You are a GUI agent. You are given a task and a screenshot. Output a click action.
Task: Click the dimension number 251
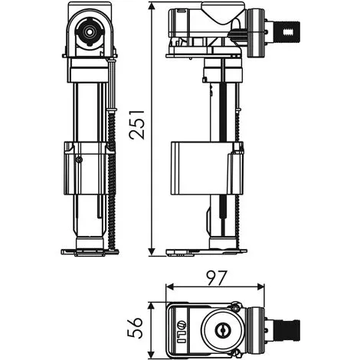point(137,125)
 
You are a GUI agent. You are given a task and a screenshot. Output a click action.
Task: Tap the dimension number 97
point(217,278)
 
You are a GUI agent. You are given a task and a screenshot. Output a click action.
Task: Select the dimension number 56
point(135,328)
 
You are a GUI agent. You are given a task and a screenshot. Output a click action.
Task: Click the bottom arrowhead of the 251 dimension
point(152,250)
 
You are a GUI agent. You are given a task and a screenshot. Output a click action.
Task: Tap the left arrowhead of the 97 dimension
point(171,286)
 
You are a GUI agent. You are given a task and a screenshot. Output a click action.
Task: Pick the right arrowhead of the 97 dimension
point(260,286)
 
